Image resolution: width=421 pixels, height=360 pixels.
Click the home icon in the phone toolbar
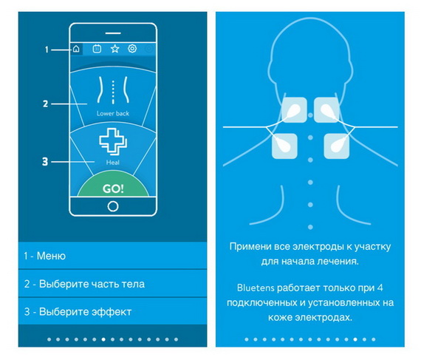[x=76, y=49]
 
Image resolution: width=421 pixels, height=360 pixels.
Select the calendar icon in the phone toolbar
[x=97, y=49]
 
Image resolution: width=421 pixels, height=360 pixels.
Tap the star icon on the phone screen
[x=115, y=49]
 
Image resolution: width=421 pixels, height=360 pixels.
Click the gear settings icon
[x=132, y=49]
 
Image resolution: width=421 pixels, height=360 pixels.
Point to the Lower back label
[x=113, y=113]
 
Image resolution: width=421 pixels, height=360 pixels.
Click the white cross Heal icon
[x=113, y=142]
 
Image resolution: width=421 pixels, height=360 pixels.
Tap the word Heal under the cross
[x=113, y=163]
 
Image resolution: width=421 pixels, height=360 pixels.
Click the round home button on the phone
[x=113, y=206]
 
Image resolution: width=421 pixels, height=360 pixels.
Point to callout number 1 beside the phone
[x=47, y=50]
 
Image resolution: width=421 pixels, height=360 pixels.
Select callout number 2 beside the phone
[x=46, y=103]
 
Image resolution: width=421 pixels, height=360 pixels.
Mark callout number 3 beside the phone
[x=45, y=161]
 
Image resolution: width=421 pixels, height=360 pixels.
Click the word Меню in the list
[x=51, y=256]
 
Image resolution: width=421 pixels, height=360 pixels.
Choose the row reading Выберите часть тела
[x=112, y=284]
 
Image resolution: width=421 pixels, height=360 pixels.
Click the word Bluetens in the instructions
[x=256, y=288]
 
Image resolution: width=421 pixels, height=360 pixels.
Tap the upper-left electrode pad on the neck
[x=294, y=110]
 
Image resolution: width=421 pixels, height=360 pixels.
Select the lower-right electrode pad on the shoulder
[x=336, y=146]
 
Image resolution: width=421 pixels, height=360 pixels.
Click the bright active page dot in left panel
[x=103, y=339]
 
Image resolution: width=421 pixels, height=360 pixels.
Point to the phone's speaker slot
[x=113, y=33]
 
